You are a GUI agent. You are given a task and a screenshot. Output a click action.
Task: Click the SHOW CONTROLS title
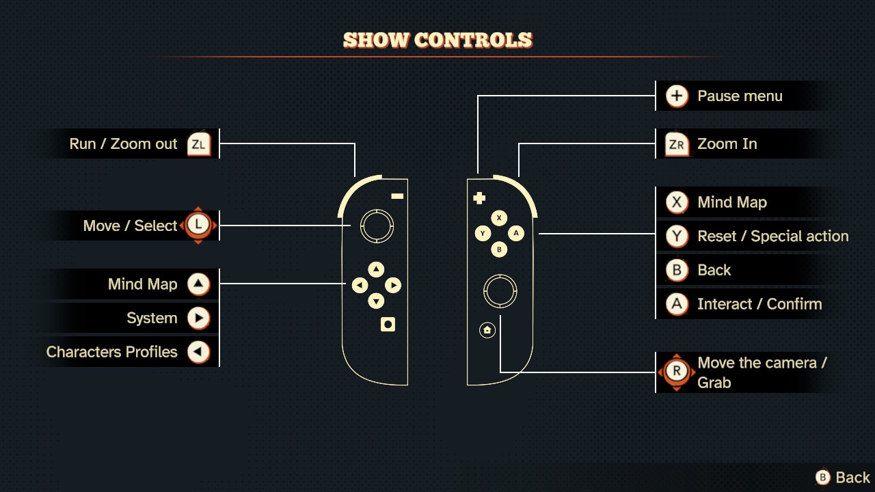[x=437, y=40]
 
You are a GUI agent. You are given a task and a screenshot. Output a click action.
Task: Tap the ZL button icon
[x=199, y=143]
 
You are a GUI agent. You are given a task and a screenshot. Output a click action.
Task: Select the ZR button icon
[x=677, y=143]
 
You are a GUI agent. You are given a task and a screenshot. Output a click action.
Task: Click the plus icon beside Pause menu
[x=677, y=96]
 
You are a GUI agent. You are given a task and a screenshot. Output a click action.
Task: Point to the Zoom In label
[x=727, y=143]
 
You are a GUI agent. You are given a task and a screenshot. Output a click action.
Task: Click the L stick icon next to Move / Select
[x=198, y=225]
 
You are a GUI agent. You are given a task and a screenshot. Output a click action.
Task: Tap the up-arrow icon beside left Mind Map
[x=198, y=284]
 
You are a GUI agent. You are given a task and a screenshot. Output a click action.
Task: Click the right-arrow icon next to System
[x=198, y=318]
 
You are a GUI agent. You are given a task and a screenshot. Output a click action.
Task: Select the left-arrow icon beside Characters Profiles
[x=198, y=352]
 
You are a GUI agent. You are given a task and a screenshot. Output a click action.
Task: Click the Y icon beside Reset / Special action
[x=677, y=236]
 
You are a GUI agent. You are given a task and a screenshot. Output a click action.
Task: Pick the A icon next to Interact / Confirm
[x=677, y=304]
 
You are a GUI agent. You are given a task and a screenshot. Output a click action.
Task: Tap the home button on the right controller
[x=487, y=330]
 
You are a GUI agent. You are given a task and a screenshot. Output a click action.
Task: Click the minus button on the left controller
[x=397, y=196]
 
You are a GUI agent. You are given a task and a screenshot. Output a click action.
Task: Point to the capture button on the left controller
[x=388, y=324]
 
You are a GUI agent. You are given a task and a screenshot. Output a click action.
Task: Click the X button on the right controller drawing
[x=499, y=218]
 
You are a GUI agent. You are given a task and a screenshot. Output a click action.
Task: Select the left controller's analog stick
[x=377, y=226]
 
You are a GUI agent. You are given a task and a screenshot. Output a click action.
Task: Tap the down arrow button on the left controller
[x=376, y=301]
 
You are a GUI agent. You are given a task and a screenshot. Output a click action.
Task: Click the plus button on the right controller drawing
[x=479, y=198]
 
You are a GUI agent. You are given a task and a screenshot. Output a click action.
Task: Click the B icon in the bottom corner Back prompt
[x=822, y=477]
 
